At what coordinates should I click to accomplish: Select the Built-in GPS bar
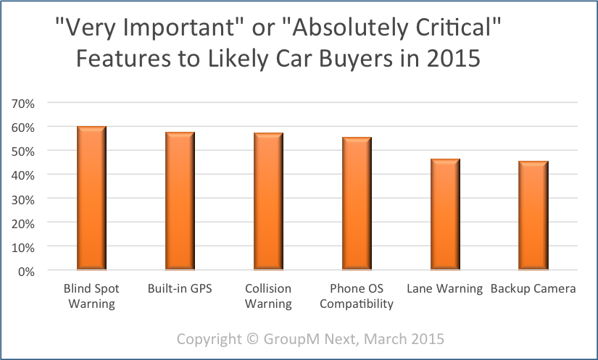point(180,201)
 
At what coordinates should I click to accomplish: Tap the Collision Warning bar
point(268,202)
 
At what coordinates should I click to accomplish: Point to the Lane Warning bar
point(445,215)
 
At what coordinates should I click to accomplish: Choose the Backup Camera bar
point(533,216)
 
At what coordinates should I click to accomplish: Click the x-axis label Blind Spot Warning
point(92,296)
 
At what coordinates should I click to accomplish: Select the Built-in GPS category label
point(180,289)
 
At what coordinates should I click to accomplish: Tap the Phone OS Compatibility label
point(357,296)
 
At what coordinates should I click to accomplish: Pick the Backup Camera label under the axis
point(533,289)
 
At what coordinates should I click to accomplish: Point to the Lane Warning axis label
point(444,289)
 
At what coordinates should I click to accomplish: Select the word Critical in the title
point(455,30)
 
